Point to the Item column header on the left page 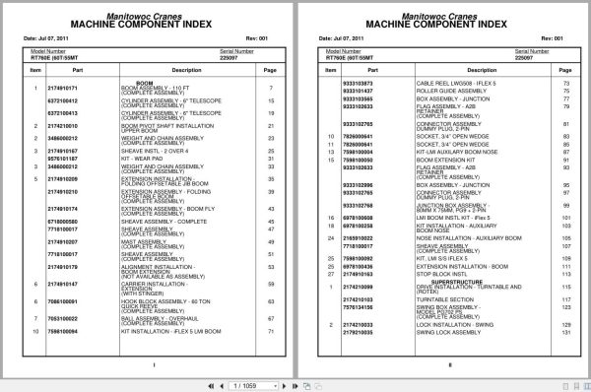coord(34,71)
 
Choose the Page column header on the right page coord(566,71)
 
